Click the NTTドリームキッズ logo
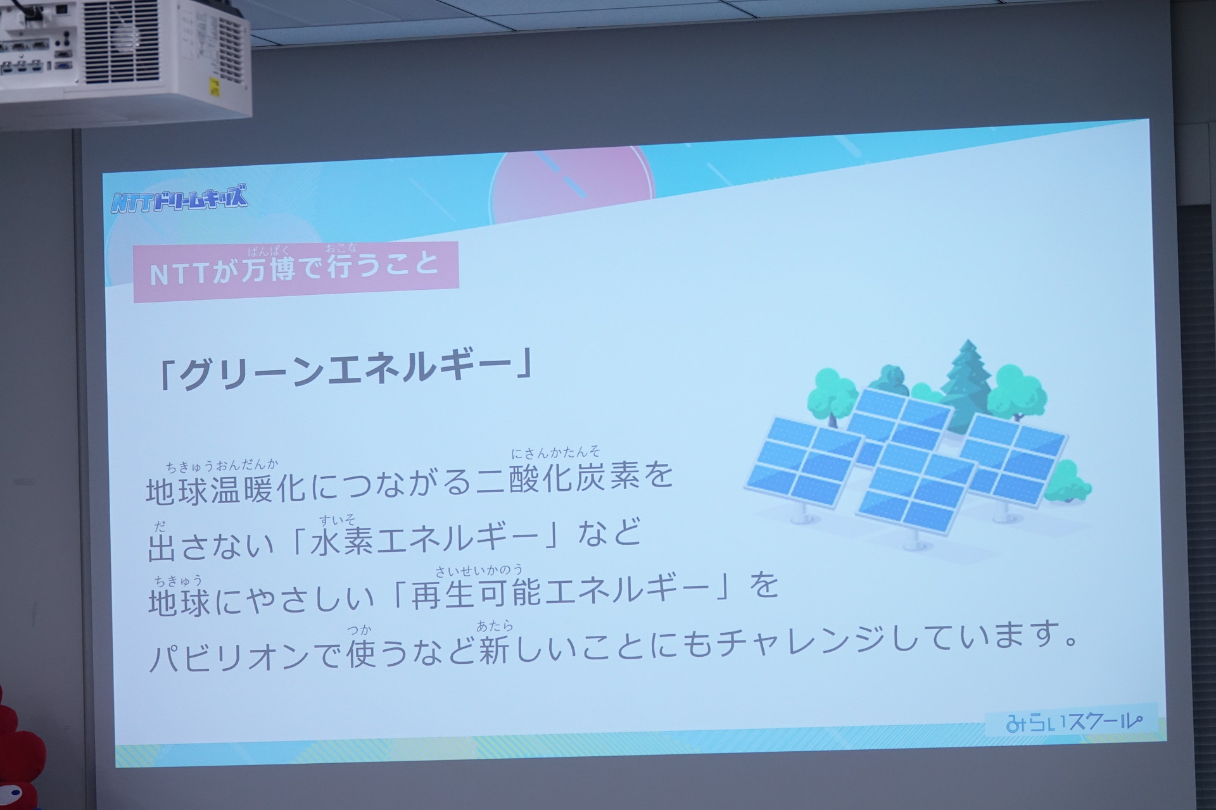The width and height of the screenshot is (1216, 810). tap(180, 198)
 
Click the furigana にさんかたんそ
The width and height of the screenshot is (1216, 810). tap(555, 452)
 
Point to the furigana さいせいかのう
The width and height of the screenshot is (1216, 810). tap(479, 570)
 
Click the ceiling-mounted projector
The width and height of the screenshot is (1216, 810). tap(123, 60)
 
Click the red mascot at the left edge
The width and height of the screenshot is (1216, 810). tap(19, 747)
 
